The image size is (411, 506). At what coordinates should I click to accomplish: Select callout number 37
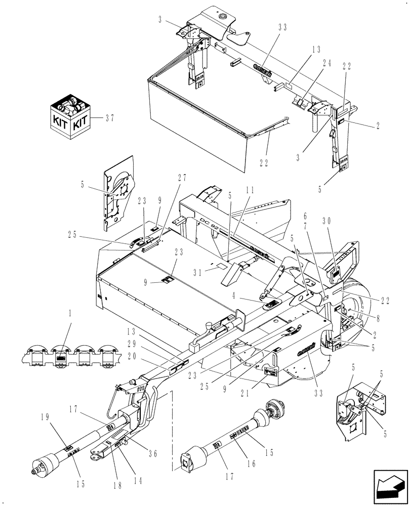click(109, 118)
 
